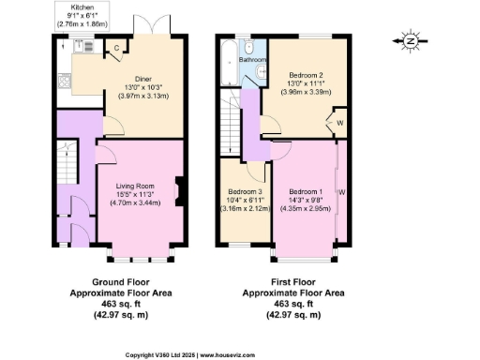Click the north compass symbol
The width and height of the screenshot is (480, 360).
pyautogui.click(x=408, y=40)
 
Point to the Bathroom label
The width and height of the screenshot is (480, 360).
pyautogui.click(x=251, y=60)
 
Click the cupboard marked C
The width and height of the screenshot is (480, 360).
pyautogui.click(x=115, y=48)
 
